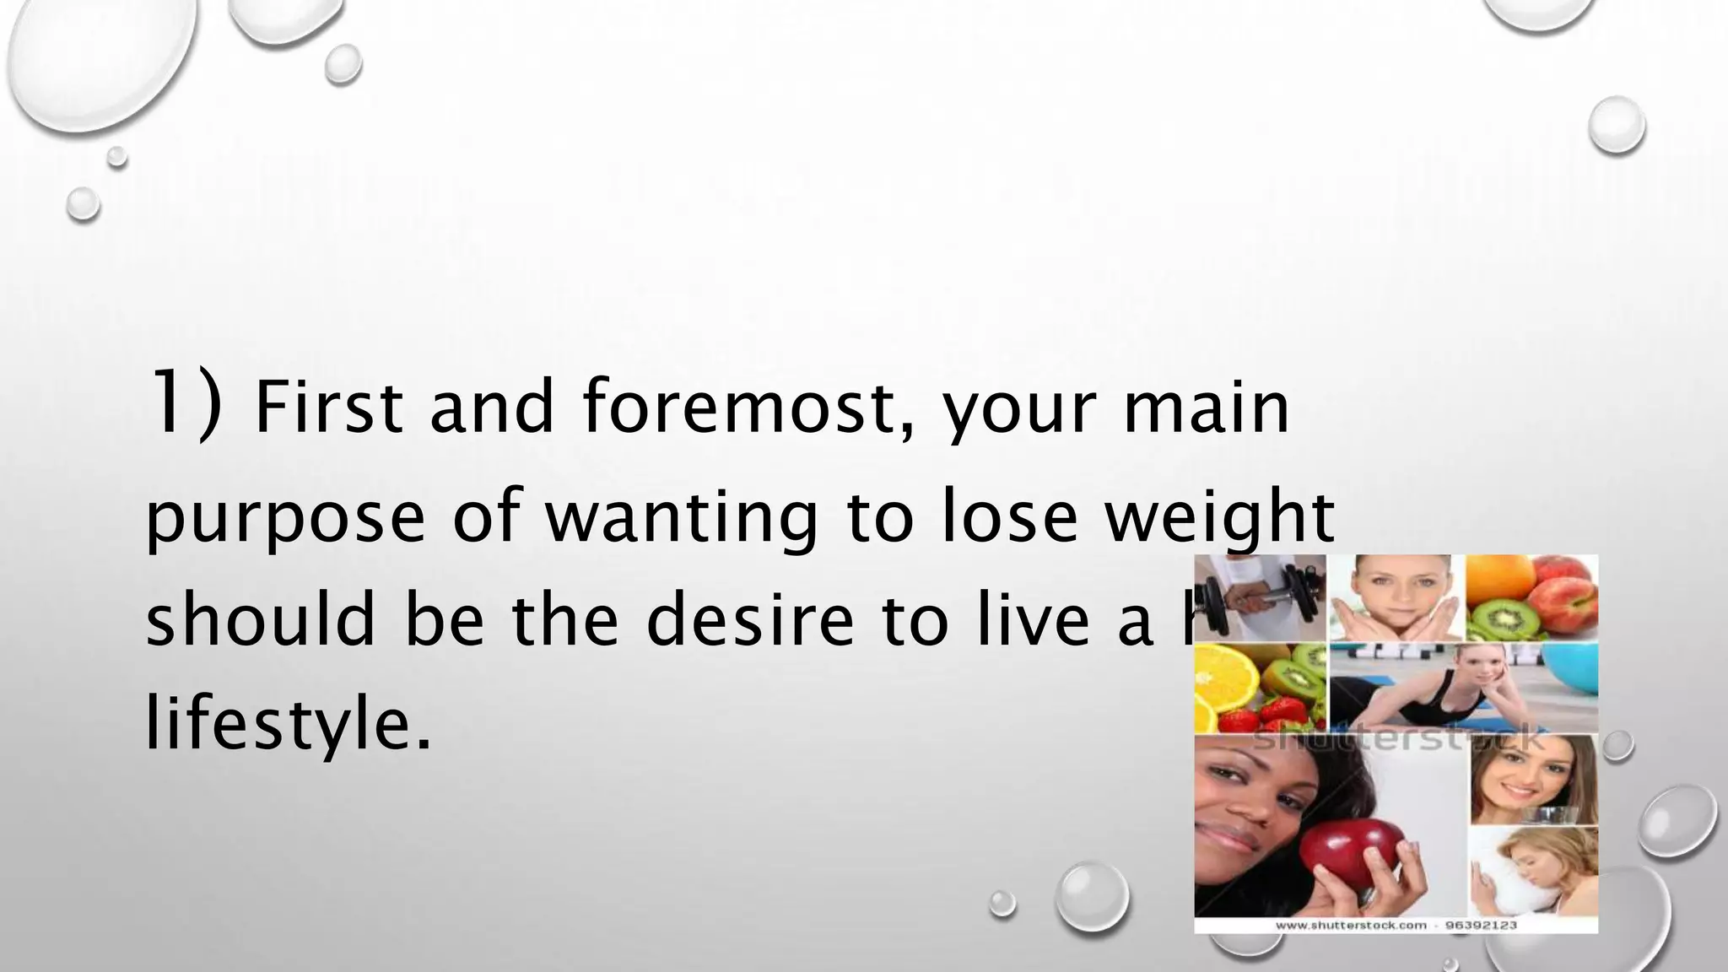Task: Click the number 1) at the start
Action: point(184,404)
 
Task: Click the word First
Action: point(328,408)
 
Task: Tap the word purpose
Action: point(284,518)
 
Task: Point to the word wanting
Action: point(681,518)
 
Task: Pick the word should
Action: point(260,619)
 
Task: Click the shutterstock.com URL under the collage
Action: point(1350,926)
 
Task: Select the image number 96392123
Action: point(1482,926)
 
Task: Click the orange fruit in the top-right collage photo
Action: point(1500,578)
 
